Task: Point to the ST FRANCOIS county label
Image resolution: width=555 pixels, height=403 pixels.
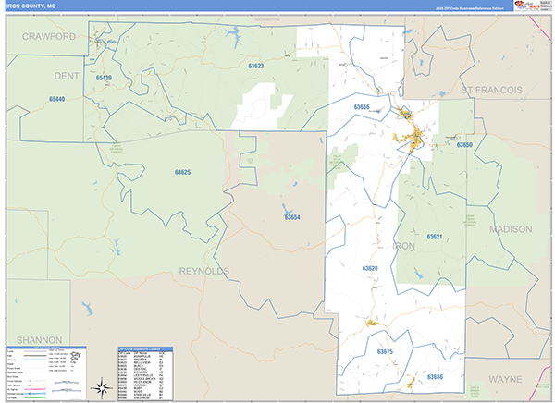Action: pyautogui.click(x=492, y=90)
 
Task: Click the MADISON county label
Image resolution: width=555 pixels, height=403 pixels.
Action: pyautogui.click(x=512, y=228)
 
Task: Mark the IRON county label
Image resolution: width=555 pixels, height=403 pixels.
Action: pyautogui.click(x=405, y=246)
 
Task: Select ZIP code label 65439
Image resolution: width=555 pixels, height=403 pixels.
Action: pyautogui.click(x=103, y=78)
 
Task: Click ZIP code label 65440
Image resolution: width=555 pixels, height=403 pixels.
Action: pyautogui.click(x=57, y=98)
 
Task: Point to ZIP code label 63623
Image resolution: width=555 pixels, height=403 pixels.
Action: pyautogui.click(x=256, y=67)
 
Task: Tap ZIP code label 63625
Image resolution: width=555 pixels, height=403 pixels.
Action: pyautogui.click(x=182, y=172)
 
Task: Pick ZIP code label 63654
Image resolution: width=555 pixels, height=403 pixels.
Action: pyautogui.click(x=292, y=217)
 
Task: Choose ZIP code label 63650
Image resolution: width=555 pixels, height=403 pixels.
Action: pyautogui.click(x=463, y=145)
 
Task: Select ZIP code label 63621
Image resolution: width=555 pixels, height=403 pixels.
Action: pyautogui.click(x=435, y=237)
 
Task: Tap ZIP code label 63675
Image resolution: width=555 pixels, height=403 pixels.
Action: pyautogui.click(x=386, y=351)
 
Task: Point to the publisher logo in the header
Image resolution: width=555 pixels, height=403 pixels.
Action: pyautogui.click(x=525, y=6)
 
